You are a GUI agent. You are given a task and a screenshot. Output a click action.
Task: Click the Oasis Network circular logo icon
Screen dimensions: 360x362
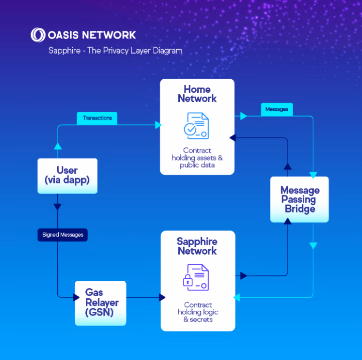[38, 35]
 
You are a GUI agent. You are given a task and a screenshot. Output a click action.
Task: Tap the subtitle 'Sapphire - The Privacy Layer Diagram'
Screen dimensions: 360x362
[115, 51]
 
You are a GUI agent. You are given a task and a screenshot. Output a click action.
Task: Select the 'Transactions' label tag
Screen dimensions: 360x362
[97, 118]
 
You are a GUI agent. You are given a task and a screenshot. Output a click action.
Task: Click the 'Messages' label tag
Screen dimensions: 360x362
[277, 109]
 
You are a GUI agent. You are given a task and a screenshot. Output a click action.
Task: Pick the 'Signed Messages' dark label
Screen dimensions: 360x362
[62, 234]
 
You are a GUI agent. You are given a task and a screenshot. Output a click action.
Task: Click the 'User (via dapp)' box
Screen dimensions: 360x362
[67, 175]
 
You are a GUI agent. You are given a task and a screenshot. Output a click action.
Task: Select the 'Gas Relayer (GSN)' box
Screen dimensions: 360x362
[100, 303]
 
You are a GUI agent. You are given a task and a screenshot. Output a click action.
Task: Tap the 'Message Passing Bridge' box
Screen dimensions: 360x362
[299, 199]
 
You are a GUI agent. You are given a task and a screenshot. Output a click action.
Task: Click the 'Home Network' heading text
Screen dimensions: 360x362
[197, 94]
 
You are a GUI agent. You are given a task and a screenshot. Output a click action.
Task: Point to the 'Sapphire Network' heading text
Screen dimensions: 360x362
[197, 246]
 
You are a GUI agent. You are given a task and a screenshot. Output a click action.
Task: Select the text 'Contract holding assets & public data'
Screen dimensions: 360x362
[197, 157]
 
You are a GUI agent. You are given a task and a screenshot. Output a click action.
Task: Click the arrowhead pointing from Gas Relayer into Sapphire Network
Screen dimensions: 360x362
[162, 297]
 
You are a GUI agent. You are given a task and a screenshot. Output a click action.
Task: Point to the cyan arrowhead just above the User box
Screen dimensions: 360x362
[58, 146]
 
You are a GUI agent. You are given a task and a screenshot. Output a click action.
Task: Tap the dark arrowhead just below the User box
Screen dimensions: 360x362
[58, 206]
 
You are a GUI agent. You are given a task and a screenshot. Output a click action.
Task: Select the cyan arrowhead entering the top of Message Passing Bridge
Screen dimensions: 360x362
[313, 175]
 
